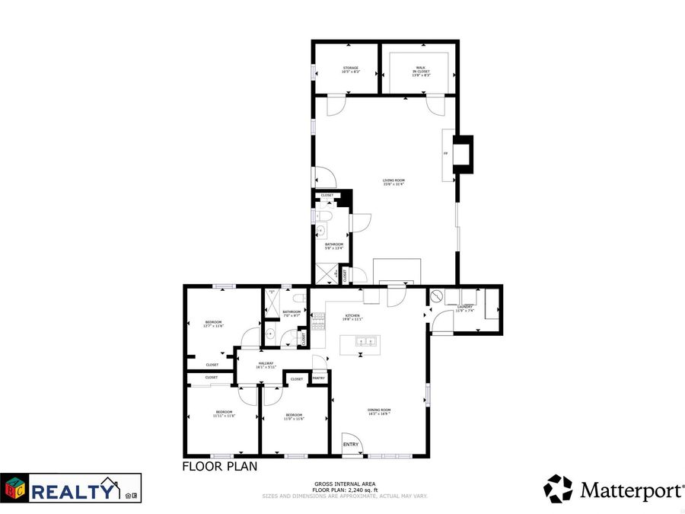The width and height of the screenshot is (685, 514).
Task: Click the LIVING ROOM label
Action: click(x=393, y=180)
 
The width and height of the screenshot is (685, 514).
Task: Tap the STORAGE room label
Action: click(x=350, y=69)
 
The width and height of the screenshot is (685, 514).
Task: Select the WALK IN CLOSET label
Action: click(x=421, y=69)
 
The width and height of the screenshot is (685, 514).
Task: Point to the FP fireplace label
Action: click(x=445, y=153)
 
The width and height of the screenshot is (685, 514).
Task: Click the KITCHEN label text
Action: click(x=352, y=316)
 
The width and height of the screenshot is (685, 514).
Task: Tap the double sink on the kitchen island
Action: click(x=368, y=341)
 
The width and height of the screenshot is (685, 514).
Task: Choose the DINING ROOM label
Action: click(x=379, y=411)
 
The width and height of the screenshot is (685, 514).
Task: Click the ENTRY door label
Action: click(x=351, y=445)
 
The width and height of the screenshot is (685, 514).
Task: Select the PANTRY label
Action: click(x=318, y=378)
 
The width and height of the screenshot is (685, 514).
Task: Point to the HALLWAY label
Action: click(x=266, y=363)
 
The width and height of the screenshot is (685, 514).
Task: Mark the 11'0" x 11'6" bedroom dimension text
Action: click(x=294, y=417)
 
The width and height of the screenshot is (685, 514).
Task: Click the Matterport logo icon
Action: click(x=558, y=489)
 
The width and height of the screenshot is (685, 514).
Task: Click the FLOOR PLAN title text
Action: click(x=219, y=466)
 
